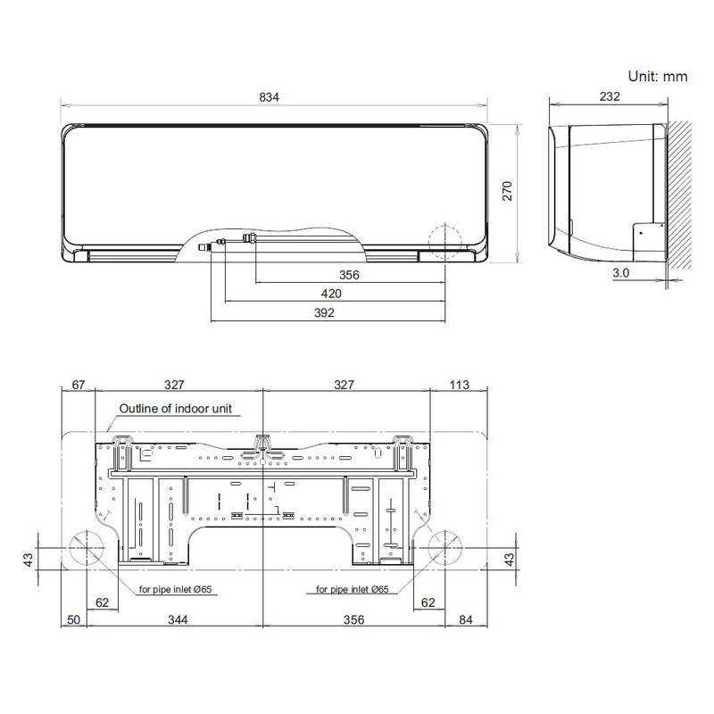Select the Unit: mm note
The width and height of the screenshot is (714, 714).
[x=658, y=77]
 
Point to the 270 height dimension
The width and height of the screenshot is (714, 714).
[x=507, y=190]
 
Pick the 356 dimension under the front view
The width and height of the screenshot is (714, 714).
[x=349, y=276]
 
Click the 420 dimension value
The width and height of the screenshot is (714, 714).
[x=331, y=294]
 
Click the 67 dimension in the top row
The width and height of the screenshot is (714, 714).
[x=77, y=385]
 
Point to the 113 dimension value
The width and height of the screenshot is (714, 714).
[x=460, y=385]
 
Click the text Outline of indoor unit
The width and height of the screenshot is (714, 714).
[x=176, y=408]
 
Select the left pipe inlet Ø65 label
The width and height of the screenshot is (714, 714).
[x=176, y=589]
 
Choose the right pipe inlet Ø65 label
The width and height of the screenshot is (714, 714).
[x=352, y=589]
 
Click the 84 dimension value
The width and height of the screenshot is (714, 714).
[x=465, y=620]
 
